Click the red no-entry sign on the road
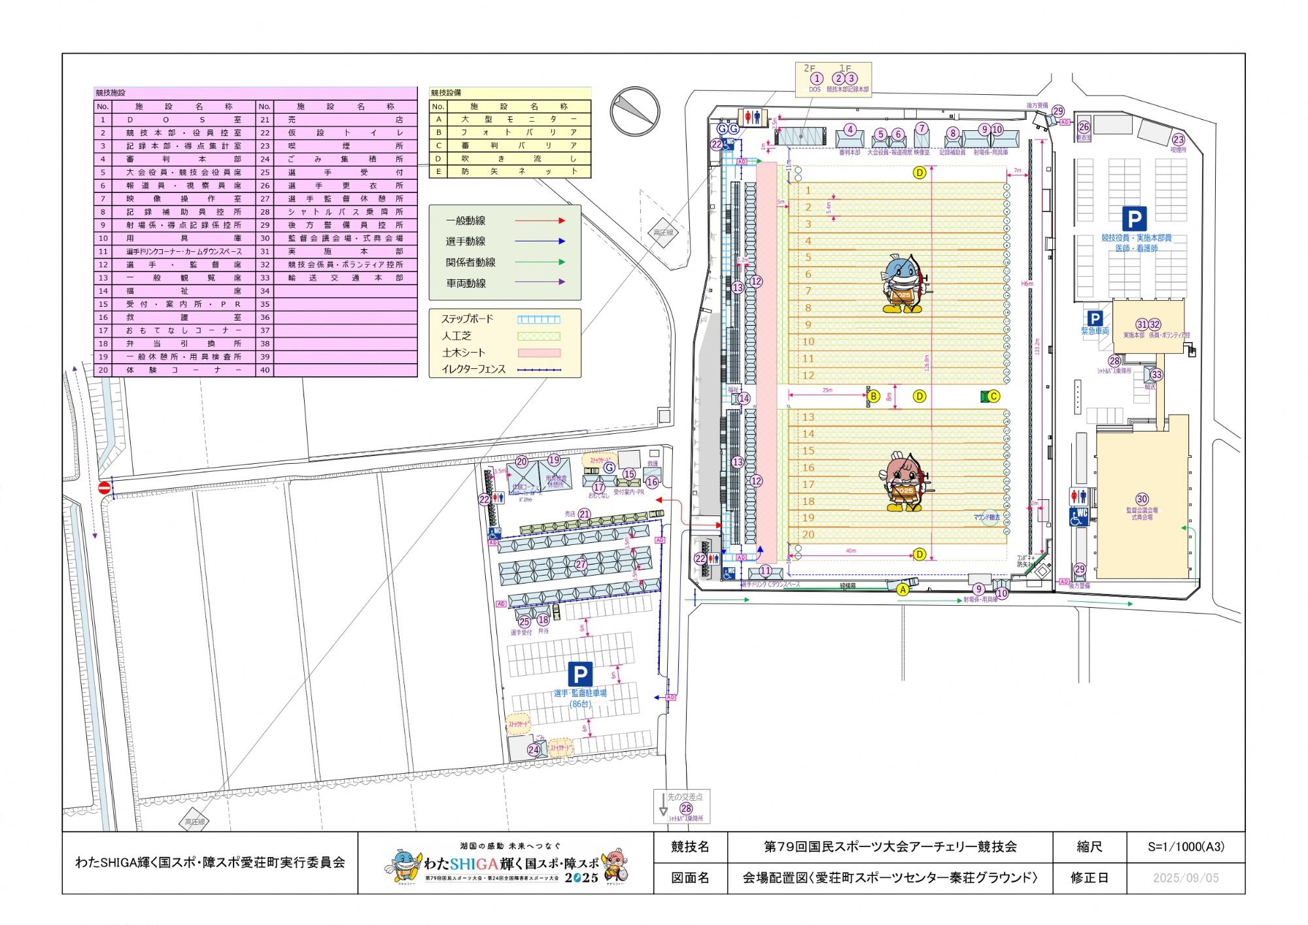coord(104,488)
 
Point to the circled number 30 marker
coord(1142,499)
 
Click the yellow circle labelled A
coord(903,589)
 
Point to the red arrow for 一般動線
coord(540,221)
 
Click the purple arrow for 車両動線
coord(540,283)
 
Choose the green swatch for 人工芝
coord(539,336)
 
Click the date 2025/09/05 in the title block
coord(1186,878)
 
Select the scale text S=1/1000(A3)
coord(1186,846)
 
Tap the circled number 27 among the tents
coord(581,564)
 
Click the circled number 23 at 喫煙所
coord(1179,139)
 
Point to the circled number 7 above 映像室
coord(922,128)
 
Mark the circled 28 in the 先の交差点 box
coord(686,809)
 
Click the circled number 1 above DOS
coord(816,79)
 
